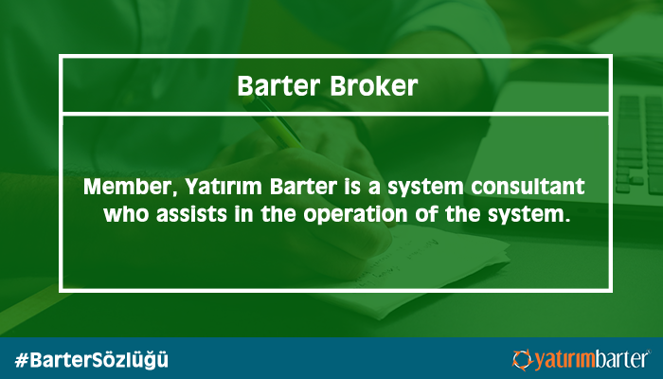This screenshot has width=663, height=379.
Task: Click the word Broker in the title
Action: [x=373, y=85]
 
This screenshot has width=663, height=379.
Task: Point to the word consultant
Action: [x=528, y=187]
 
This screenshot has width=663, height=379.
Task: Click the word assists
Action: [x=192, y=214]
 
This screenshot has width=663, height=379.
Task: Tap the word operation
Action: [x=355, y=215]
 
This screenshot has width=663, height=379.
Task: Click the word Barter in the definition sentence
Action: [x=303, y=187]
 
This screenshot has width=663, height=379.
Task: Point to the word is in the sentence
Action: [x=352, y=187]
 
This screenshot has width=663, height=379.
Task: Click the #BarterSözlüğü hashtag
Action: [x=91, y=360]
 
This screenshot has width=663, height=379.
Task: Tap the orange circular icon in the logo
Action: [x=523, y=360]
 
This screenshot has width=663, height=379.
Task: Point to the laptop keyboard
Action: [x=638, y=144]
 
